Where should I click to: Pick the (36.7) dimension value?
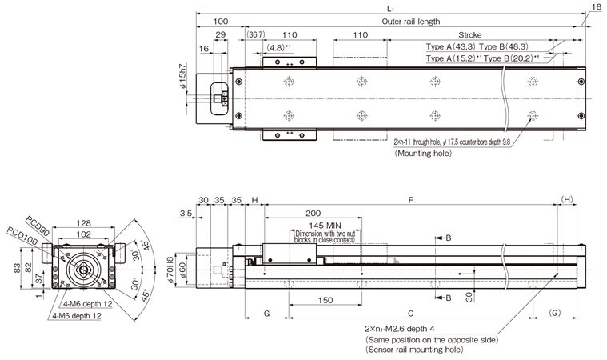pos(256,36)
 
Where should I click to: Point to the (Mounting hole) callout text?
pos(422,151)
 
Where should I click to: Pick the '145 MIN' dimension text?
pos(313,226)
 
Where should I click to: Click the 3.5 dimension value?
pos(186,214)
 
